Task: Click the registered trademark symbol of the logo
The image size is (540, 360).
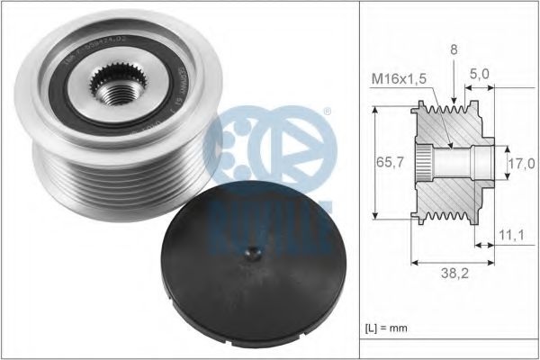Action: [x=327, y=112]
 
